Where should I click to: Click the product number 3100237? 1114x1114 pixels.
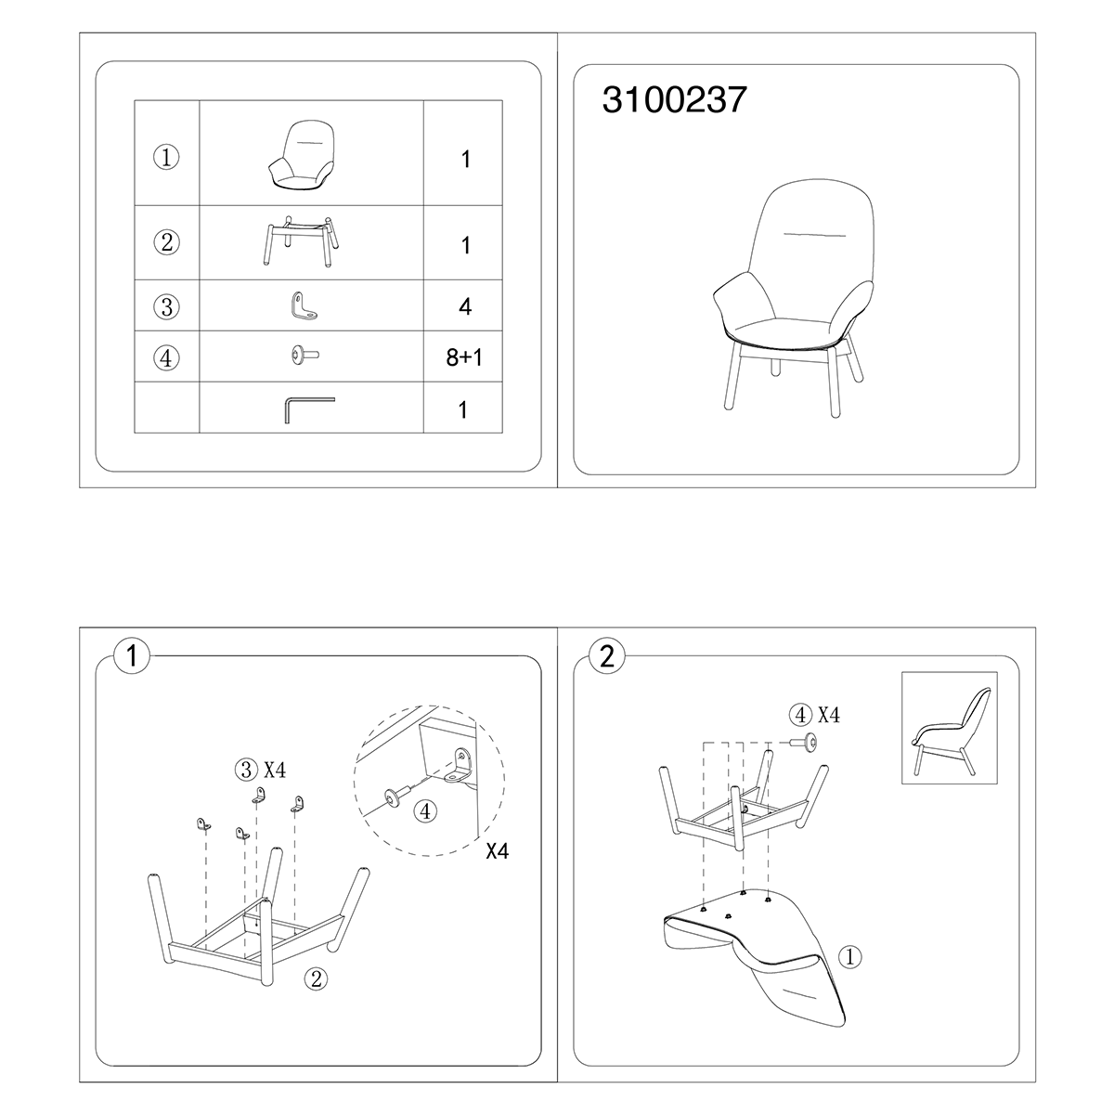[674, 99]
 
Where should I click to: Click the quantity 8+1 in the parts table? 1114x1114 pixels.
[464, 357]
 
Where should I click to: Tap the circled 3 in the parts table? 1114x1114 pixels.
[167, 306]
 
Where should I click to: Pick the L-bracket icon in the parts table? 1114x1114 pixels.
[303, 306]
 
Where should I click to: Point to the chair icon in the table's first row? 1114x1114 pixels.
[301, 156]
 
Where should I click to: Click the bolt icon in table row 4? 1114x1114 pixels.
[304, 356]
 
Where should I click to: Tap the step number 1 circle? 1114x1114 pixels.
[131, 657]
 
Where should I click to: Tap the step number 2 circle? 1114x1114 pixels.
[608, 657]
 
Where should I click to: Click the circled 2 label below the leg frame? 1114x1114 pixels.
[317, 978]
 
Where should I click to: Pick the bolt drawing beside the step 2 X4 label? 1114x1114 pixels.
[806, 742]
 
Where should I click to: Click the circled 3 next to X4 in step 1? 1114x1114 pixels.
[246, 769]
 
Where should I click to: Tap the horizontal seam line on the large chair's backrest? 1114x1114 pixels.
[816, 234]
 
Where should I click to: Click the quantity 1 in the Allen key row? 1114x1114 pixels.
[463, 409]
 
